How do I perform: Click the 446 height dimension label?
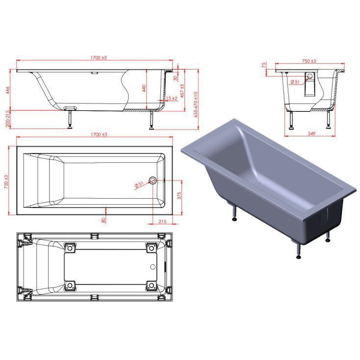(x=8, y=90)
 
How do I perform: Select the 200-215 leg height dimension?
(x=8, y=119)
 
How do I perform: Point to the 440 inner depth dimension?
(x=144, y=88)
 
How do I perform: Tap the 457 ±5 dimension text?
(x=182, y=91)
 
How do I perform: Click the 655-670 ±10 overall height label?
(x=196, y=104)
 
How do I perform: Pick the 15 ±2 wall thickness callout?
(x=172, y=98)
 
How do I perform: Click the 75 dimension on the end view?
(x=264, y=65)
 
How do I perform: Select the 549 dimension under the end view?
(x=311, y=133)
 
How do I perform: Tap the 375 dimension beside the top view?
(x=179, y=196)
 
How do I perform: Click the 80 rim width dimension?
(x=103, y=220)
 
